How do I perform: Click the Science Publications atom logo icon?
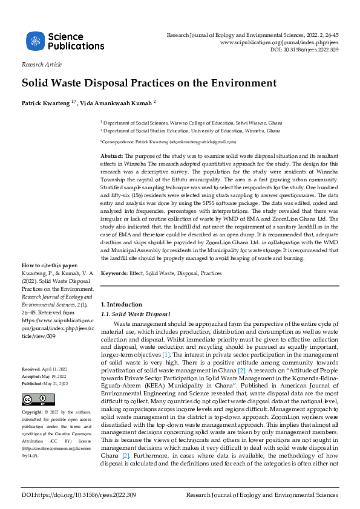point(35,41)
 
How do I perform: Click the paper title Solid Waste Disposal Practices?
point(149,82)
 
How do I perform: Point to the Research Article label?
point(41,64)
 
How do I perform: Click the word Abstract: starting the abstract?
point(113,157)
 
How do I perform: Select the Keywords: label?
point(114,274)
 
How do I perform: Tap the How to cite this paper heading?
point(50,282)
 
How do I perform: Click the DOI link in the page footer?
point(79,495)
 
